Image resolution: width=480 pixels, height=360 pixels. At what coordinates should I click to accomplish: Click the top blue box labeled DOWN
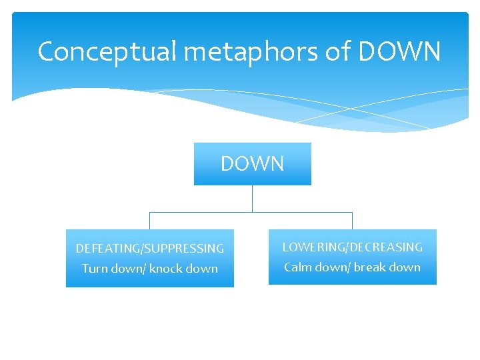pos(252,164)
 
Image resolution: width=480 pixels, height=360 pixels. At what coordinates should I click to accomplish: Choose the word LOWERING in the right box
pos(309,247)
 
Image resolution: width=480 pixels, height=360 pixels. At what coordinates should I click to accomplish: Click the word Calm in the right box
pos(298,267)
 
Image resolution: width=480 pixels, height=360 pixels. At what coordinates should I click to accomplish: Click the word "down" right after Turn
pos(127,269)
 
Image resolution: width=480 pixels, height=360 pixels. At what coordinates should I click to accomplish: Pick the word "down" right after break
pos(405,267)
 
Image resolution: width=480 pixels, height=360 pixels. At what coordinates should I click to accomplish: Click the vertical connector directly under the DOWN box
pos(252,199)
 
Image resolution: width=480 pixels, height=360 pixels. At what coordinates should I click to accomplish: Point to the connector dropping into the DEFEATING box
pos(149,221)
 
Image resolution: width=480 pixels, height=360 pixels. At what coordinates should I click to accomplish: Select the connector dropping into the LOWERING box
pos(352,221)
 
